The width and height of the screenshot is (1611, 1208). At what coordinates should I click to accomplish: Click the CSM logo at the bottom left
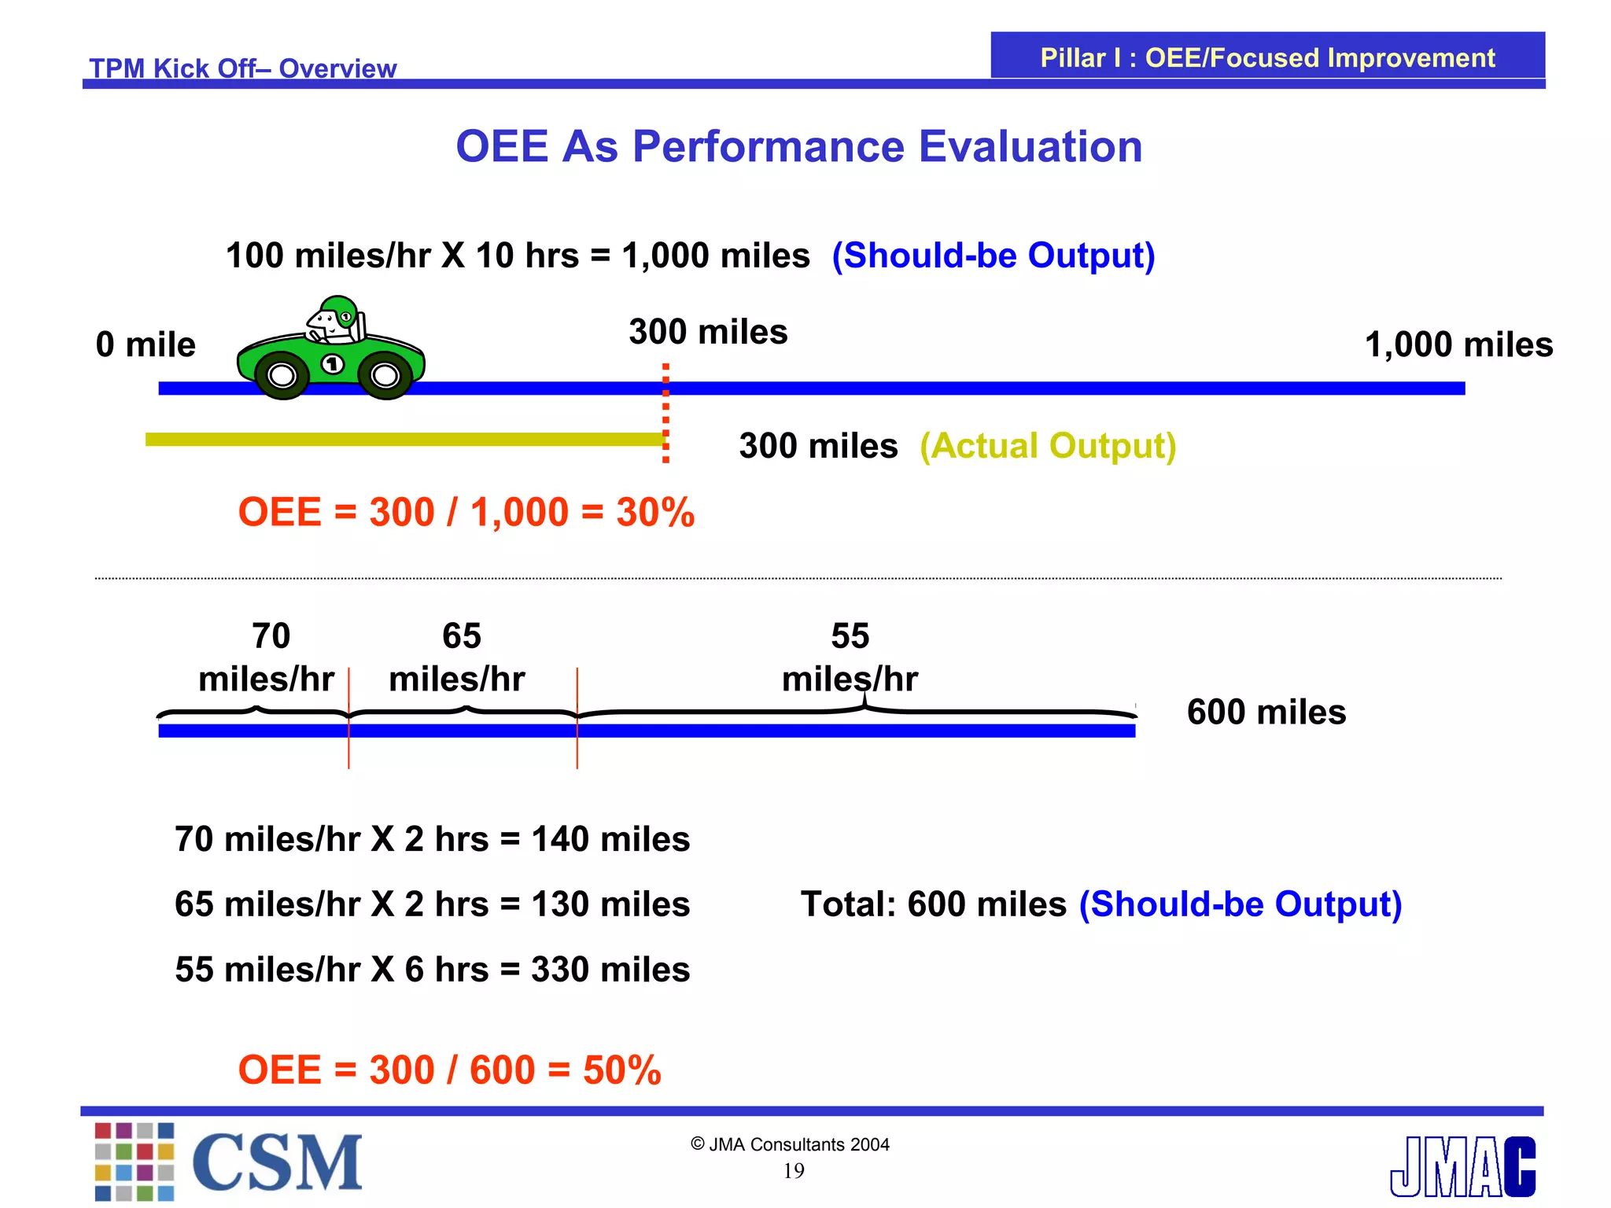pos(229,1162)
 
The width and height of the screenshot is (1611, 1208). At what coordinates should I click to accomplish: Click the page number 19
pos(794,1171)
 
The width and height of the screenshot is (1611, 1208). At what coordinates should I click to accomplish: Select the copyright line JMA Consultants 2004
pos(790,1144)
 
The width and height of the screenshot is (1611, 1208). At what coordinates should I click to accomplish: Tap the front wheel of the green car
pos(282,376)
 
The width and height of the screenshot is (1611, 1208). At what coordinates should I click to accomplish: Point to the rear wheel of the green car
pos(385,376)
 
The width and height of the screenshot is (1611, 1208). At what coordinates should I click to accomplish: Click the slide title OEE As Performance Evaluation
pos(799,146)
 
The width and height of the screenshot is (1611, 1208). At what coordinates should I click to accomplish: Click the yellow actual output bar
pos(406,440)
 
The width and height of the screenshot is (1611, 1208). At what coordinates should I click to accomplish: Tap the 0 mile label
pos(146,344)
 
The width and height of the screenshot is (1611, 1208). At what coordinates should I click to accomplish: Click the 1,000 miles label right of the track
pos(1459,345)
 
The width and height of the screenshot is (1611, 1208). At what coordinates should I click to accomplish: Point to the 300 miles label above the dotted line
pos(708,332)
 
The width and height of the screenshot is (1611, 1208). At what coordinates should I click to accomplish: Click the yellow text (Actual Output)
pos(1048,446)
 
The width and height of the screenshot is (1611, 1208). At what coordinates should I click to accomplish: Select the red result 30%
pos(655,512)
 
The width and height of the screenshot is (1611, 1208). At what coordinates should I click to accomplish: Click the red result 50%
pos(622,1070)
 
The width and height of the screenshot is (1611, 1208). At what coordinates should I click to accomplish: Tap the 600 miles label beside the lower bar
pos(1266,712)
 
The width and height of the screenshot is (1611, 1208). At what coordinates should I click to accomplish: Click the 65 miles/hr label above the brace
pos(458,657)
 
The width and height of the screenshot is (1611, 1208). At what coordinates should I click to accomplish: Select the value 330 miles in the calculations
pos(610,970)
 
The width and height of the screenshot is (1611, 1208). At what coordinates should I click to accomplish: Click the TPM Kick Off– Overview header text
pos(243,68)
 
